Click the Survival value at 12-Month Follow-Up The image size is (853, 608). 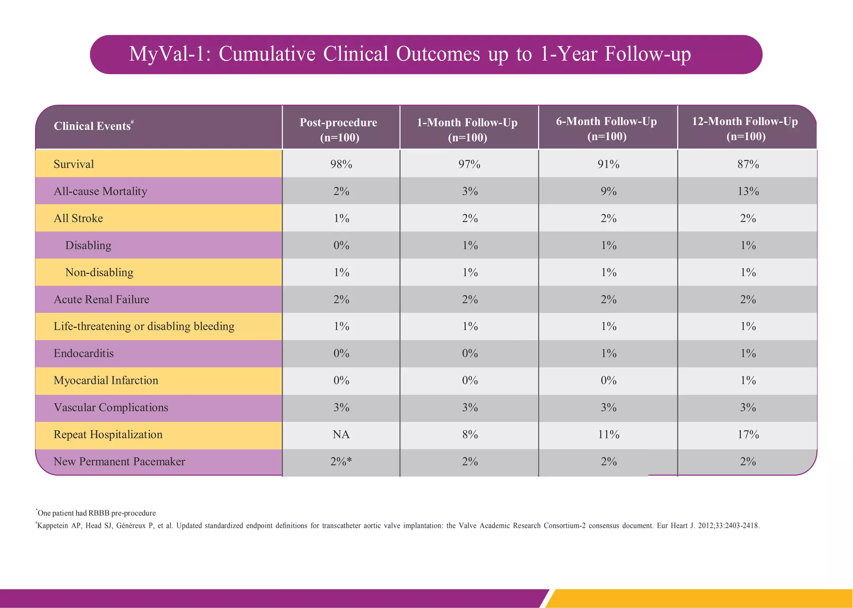click(x=748, y=164)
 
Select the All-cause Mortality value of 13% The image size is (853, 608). click(x=748, y=191)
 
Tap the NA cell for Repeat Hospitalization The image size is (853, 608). click(x=341, y=435)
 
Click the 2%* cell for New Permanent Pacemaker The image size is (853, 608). click(x=341, y=462)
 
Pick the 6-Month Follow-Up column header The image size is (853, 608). click(x=606, y=128)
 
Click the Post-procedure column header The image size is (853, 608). click(x=339, y=130)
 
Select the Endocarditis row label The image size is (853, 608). click(x=84, y=354)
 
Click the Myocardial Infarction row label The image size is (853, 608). click(x=106, y=381)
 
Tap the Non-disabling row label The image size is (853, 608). click(x=99, y=273)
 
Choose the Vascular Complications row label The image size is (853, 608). click(x=111, y=408)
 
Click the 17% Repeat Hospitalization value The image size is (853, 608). click(x=748, y=435)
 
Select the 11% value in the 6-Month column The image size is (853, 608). click(x=609, y=435)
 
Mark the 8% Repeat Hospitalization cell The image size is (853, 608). click(x=470, y=435)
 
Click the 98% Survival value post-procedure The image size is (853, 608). click(x=341, y=164)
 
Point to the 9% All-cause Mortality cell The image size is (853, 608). click(x=609, y=191)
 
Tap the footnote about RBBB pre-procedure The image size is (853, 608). click(x=96, y=513)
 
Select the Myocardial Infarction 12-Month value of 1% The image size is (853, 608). click(x=748, y=381)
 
